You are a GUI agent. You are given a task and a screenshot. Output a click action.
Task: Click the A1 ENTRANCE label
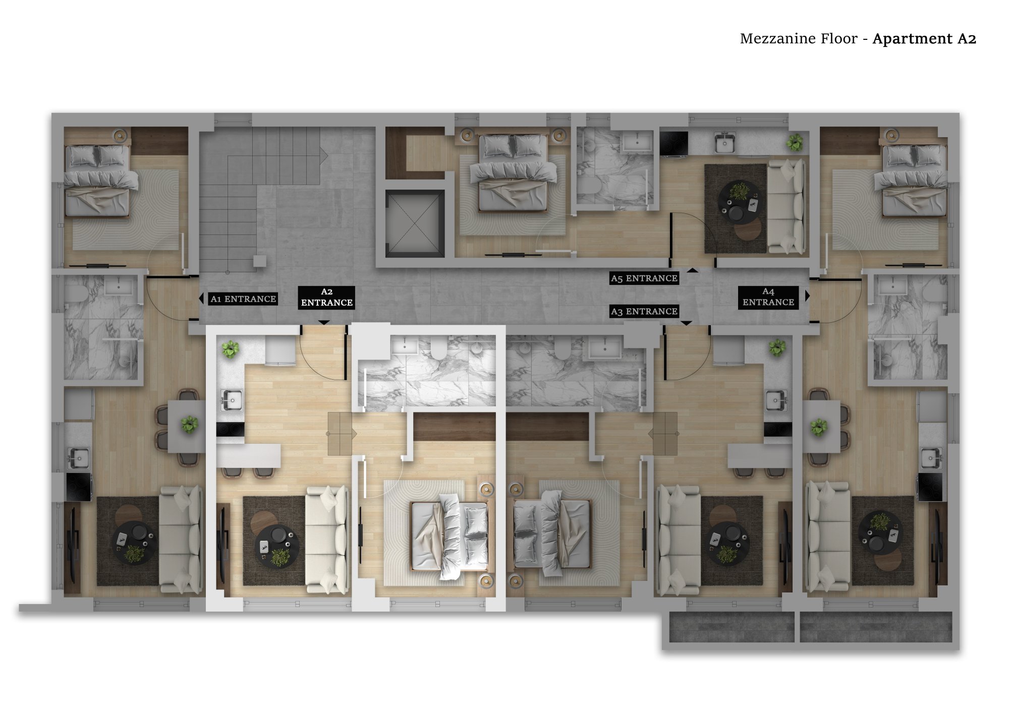pyautogui.click(x=243, y=299)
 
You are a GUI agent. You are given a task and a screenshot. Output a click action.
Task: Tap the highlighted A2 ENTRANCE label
pyautogui.click(x=326, y=298)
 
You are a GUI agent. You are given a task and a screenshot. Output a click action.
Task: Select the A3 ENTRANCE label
pyautogui.click(x=644, y=312)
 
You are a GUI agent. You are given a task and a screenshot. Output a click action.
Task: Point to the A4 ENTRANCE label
pyautogui.click(x=768, y=297)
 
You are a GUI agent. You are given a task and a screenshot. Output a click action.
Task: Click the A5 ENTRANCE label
pyautogui.click(x=644, y=278)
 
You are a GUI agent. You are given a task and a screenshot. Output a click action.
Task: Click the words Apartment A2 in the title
pyautogui.click(x=924, y=39)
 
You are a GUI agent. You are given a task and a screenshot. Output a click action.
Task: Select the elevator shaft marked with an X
pyautogui.click(x=415, y=223)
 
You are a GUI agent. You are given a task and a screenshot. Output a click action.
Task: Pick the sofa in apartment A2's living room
pyautogui.click(x=327, y=539)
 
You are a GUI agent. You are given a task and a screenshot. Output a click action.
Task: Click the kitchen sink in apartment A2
pyautogui.click(x=232, y=401)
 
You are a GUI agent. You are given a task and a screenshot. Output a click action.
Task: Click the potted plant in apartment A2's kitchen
pyautogui.click(x=231, y=349)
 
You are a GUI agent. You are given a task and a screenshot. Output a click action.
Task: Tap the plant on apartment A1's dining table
pyautogui.click(x=190, y=425)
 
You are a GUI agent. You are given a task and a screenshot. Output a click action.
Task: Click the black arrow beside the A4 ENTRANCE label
pyautogui.click(x=807, y=296)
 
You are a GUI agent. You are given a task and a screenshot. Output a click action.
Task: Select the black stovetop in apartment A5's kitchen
pyautogui.click(x=674, y=144)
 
